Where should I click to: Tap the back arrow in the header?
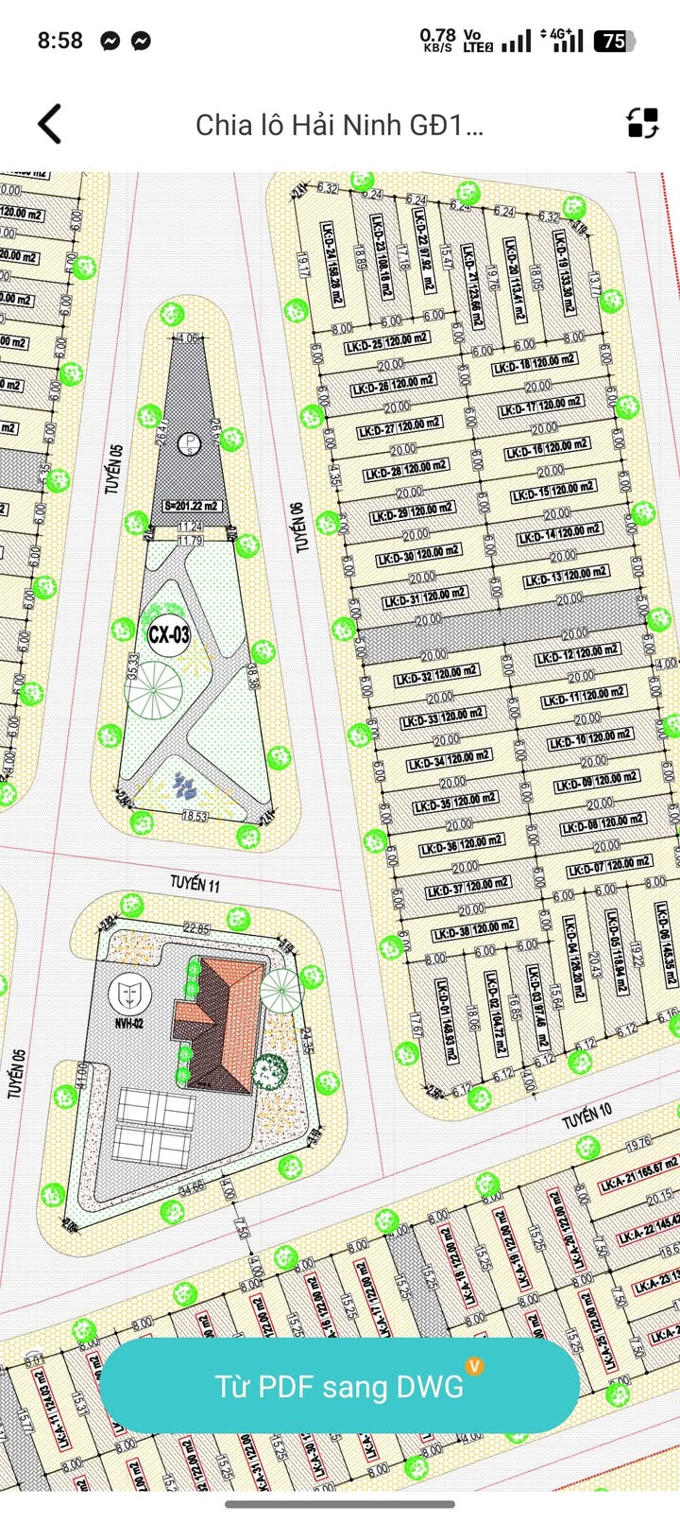click(50, 124)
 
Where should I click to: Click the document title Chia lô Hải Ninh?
click(339, 125)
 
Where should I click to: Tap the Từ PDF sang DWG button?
click(339, 1386)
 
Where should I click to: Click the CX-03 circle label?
click(168, 634)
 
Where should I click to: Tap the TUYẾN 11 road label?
click(195, 884)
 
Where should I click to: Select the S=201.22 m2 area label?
click(192, 506)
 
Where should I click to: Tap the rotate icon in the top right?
click(642, 123)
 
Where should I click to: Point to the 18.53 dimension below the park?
click(195, 816)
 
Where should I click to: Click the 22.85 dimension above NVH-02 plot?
click(196, 929)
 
